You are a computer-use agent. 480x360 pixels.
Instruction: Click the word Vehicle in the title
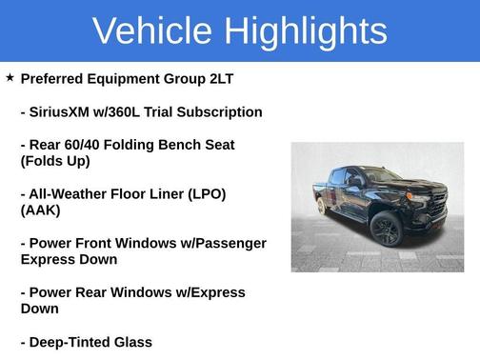(153, 30)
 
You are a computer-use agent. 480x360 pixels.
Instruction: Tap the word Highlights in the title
(306, 32)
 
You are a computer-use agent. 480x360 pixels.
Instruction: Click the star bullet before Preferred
(10, 77)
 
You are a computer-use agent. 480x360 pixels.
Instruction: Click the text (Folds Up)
(55, 161)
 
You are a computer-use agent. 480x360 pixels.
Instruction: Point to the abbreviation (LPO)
(203, 193)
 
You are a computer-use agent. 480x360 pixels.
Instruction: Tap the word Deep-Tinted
(72, 342)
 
